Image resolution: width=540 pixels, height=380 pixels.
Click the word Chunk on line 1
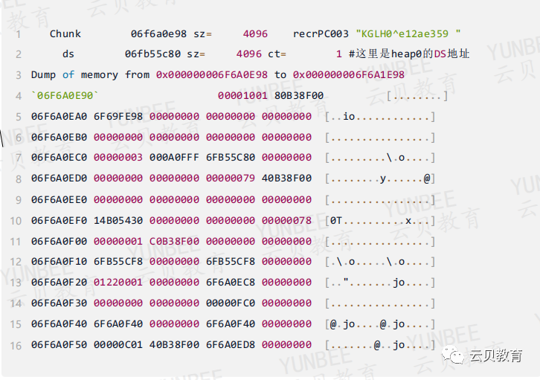pos(65,34)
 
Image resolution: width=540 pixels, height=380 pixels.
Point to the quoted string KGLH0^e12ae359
pos(408,34)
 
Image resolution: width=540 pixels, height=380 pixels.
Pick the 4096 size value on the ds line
pos(249,54)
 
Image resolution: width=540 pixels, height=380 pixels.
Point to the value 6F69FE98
pos(118,117)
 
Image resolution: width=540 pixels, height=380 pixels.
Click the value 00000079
pos(231,178)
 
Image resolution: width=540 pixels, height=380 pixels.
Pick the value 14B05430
pos(118,220)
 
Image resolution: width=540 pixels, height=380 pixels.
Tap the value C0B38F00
pos(175,241)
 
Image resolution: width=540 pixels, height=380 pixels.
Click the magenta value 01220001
pos(118,283)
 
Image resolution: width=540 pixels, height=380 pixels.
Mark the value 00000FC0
pos(231,303)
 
